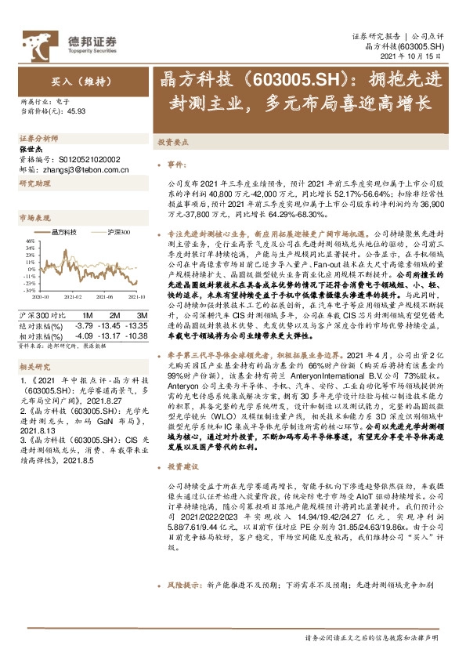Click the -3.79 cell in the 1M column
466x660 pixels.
click(x=84, y=325)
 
